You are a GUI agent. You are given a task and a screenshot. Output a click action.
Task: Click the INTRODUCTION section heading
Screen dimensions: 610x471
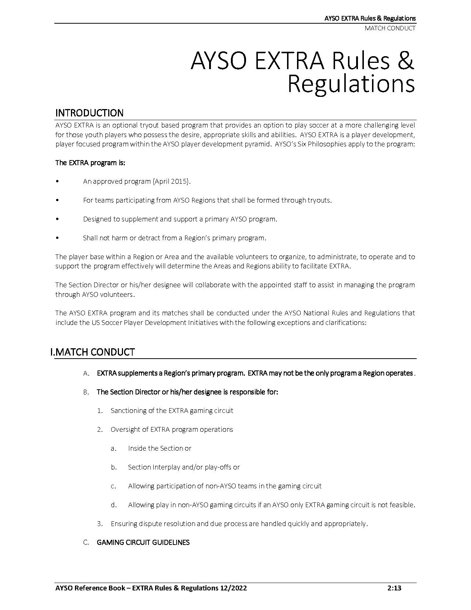coord(89,113)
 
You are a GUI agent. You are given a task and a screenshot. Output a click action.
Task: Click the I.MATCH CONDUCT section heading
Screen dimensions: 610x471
coord(92,352)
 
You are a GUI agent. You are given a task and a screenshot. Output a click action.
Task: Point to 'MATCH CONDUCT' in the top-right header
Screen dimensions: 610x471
coord(390,28)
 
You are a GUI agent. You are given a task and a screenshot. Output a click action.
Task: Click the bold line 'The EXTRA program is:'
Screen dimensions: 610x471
coord(90,163)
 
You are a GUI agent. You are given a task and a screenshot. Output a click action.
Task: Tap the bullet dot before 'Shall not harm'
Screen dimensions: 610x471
coord(57,238)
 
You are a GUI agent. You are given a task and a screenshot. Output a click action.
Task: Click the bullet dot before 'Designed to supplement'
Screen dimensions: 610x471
coord(57,219)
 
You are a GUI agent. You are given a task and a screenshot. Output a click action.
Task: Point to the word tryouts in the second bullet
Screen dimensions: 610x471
coord(319,200)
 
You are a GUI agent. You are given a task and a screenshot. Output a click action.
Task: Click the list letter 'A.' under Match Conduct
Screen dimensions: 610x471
coord(86,373)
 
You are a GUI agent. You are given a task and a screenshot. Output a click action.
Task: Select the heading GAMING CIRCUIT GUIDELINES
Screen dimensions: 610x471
coord(143,542)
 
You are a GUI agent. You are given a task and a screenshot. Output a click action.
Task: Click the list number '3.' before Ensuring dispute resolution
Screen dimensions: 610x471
coord(100,523)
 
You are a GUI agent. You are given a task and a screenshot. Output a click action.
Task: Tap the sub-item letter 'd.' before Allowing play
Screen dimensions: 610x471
coord(114,505)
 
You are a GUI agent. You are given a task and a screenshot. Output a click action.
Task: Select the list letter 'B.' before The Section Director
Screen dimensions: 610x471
coord(86,392)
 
